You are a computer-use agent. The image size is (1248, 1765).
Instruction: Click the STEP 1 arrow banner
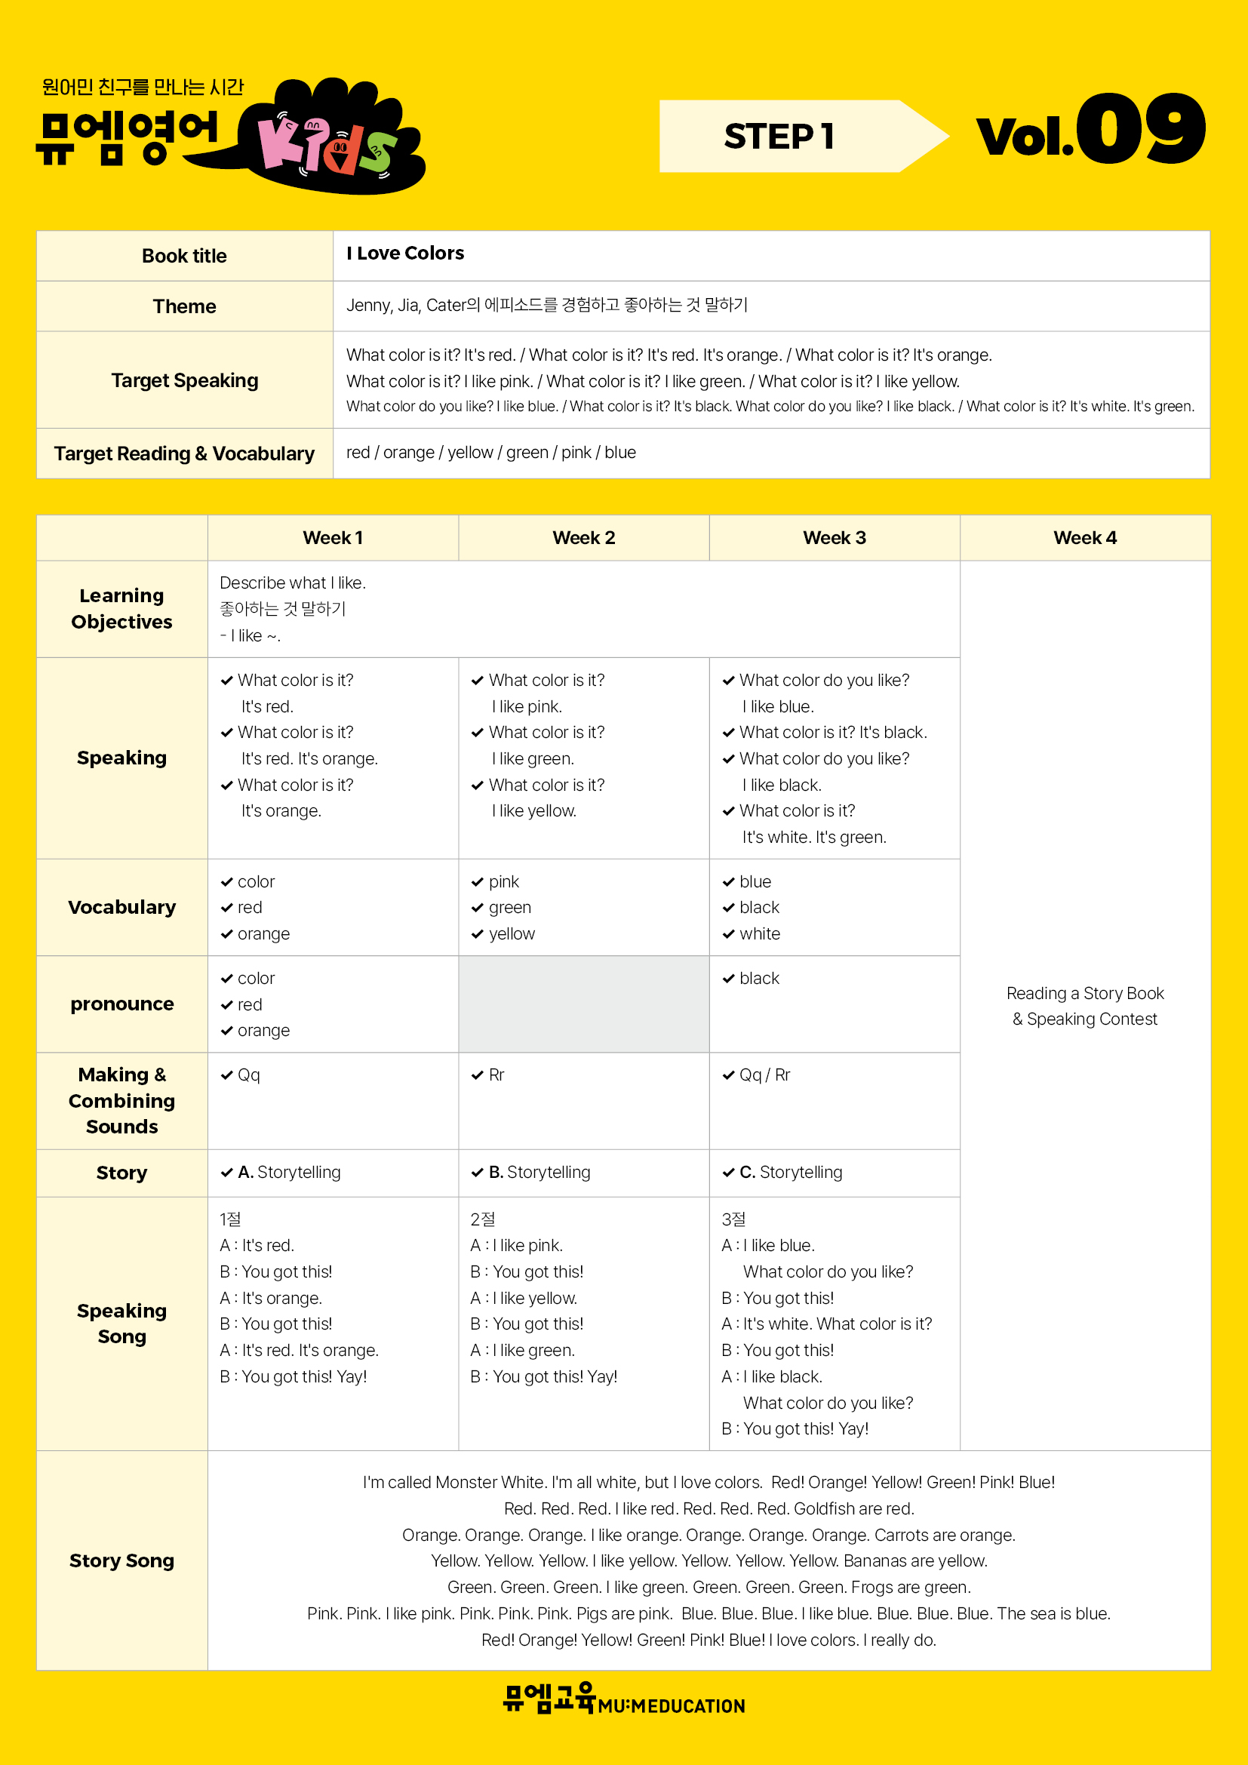click(x=799, y=136)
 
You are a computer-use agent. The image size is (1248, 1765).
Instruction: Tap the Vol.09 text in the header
click(x=1090, y=131)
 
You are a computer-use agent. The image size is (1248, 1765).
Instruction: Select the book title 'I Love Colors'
click(x=405, y=254)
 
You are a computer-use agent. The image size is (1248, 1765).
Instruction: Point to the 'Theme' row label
click(x=184, y=306)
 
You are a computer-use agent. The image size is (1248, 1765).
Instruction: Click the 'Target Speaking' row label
click(x=184, y=380)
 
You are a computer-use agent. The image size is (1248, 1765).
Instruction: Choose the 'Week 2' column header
click(x=583, y=538)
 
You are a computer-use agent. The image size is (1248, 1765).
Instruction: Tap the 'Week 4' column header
click(x=1084, y=538)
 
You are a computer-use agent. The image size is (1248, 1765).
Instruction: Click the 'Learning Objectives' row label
click(x=121, y=609)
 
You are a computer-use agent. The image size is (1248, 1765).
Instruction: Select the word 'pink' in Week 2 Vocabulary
click(x=503, y=881)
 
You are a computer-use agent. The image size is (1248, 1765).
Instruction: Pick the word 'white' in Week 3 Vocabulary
click(x=759, y=934)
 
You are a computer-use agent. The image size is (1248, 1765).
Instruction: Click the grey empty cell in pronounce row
click(x=583, y=1004)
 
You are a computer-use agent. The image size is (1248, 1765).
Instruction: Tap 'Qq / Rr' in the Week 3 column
click(x=764, y=1075)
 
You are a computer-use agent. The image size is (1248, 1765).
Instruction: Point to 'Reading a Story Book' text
click(x=1084, y=993)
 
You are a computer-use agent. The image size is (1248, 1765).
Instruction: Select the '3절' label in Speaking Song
click(x=733, y=1219)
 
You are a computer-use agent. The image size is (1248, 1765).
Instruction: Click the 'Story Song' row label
click(x=121, y=1561)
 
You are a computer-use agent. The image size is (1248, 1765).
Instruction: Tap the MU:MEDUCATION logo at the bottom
click(x=623, y=1700)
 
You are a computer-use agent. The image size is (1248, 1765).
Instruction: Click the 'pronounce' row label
click(x=121, y=1004)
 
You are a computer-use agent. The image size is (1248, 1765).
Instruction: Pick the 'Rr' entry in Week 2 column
click(x=496, y=1075)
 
